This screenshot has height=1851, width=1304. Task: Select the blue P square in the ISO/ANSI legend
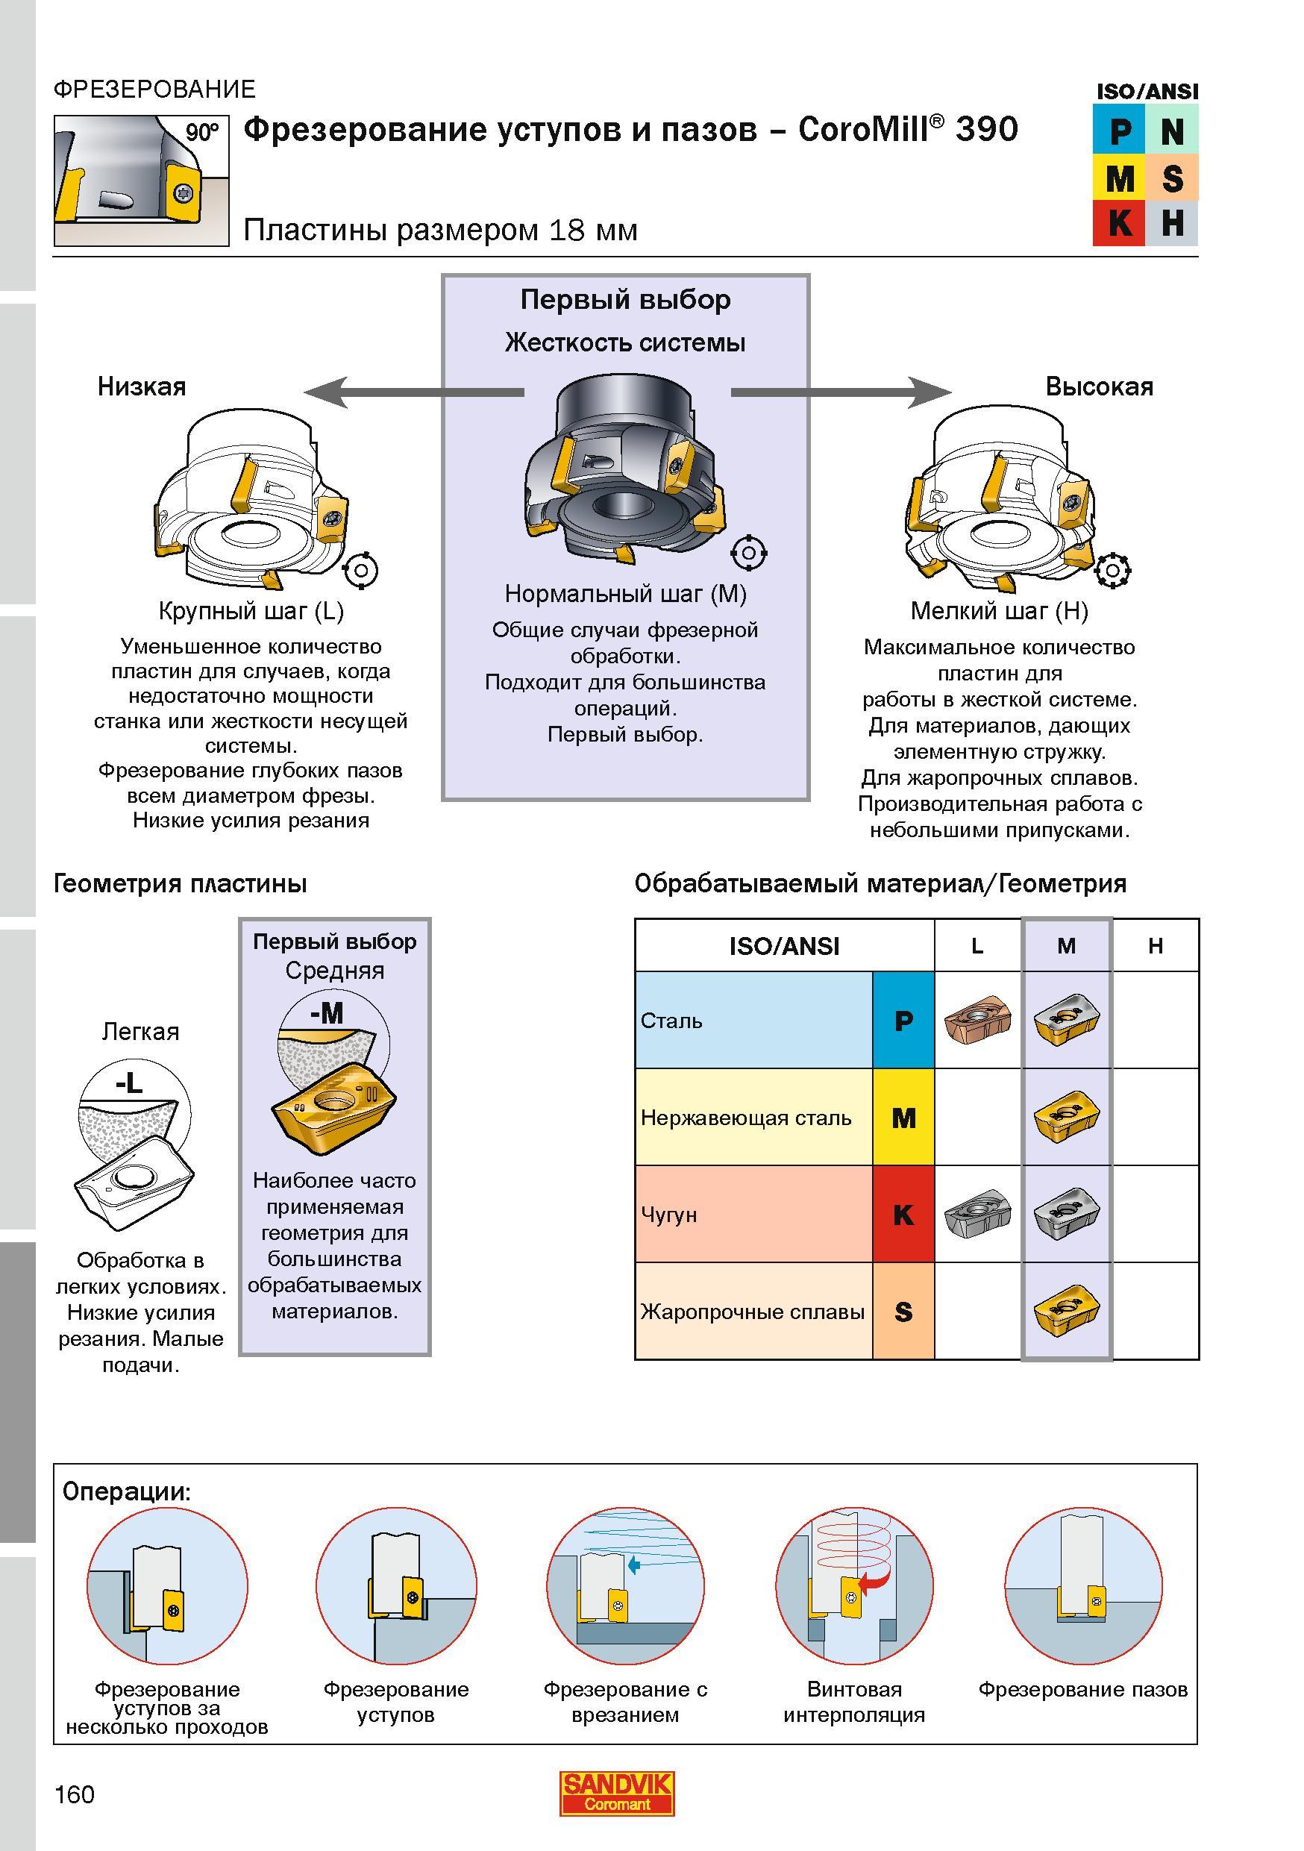[x=1119, y=131]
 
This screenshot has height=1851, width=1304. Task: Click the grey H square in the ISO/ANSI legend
[x=1172, y=223]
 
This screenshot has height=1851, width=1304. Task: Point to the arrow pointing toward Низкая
[x=413, y=392]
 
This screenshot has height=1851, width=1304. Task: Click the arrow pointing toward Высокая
[x=841, y=392]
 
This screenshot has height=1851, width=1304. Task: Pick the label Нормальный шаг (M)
[x=625, y=594]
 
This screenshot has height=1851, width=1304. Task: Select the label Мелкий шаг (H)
[x=1000, y=611]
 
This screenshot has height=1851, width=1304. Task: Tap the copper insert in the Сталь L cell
[x=977, y=1021]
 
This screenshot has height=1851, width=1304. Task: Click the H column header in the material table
[x=1155, y=946]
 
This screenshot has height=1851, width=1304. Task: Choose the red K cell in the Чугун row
[x=903, y=1214]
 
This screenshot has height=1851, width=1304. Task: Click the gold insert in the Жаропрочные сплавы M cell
[x=1066, y=1312]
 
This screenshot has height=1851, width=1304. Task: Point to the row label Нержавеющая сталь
[x=745, y=1118]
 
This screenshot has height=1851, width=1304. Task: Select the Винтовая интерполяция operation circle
[x=854, y=1588]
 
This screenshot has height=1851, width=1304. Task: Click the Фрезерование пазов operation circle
[x=1083, y=1588]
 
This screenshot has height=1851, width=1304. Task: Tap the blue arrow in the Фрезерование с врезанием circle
[x=633, y=1565]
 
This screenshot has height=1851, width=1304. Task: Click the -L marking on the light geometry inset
[x=129, y=1083]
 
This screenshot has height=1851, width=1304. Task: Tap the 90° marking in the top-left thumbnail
[x=201, y=132]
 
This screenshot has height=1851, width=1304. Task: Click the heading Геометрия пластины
[x=181, y=883]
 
